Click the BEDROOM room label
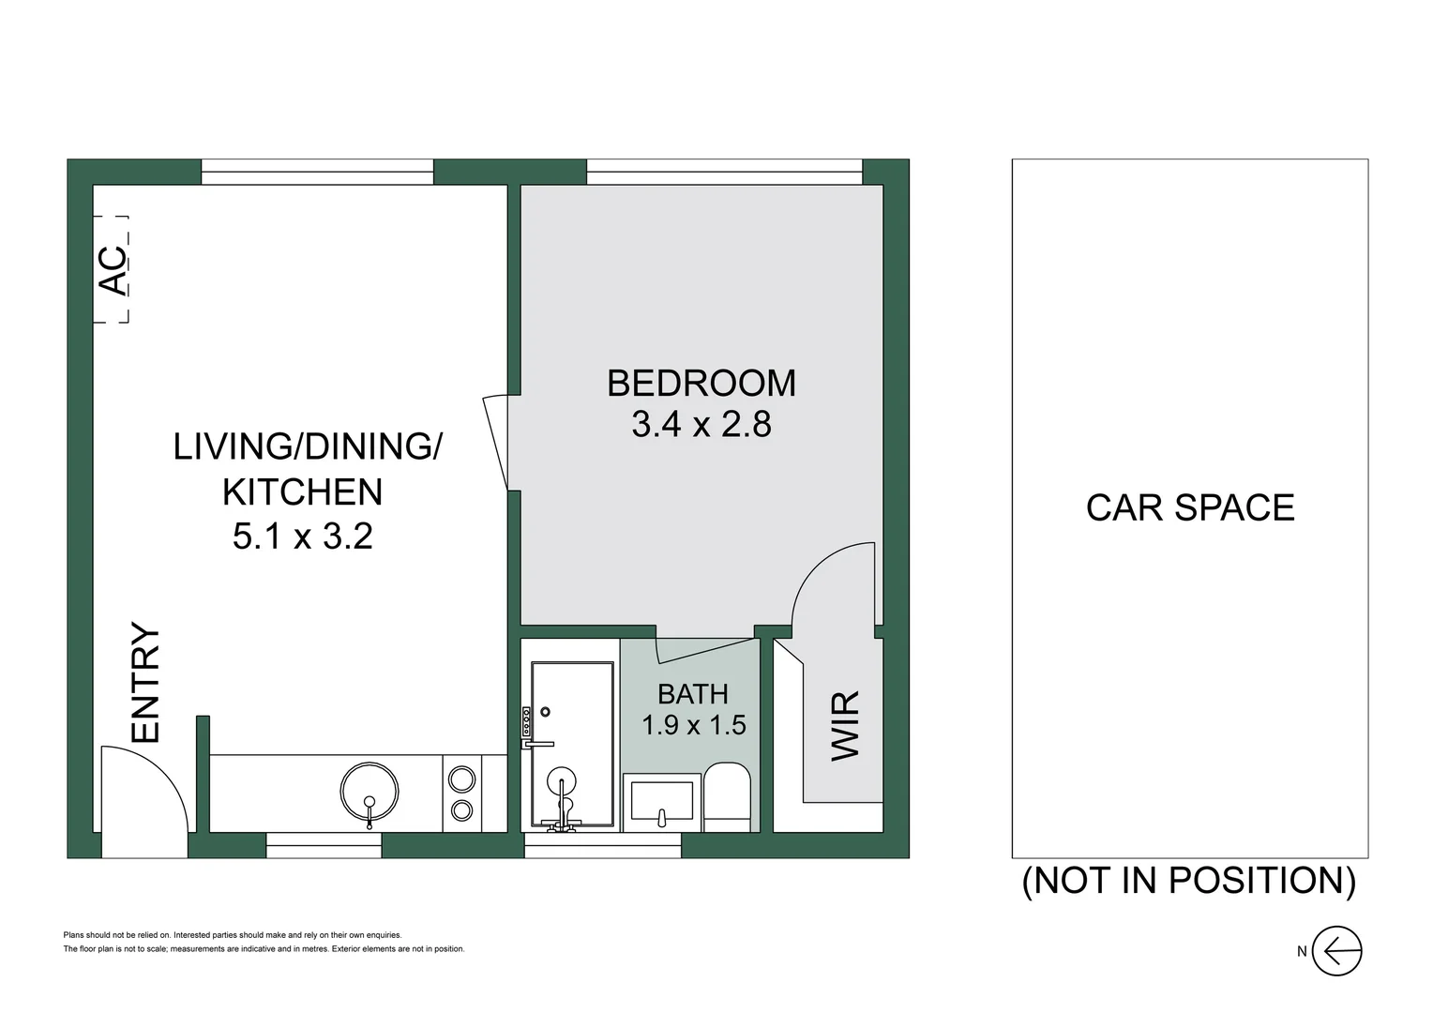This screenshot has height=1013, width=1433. (x=701, y=383)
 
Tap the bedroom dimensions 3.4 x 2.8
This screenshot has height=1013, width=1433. (x=701, y=424)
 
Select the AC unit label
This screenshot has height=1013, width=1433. (x=113, y=270)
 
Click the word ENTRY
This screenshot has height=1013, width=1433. (x=145, y=682)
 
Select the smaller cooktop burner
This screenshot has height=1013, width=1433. (x=461, y=809)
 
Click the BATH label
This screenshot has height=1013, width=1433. (x=693, y=694)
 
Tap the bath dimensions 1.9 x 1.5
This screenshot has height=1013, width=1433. (x=693, y=725)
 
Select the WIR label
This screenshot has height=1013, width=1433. (x=846, y=725)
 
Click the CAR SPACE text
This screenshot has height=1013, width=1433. (x=1190, y=507)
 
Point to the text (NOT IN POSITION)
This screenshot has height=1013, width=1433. (x=1189, y=881)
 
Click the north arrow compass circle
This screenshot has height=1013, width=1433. (x=1336, y=951)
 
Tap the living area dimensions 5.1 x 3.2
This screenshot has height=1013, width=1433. (x=303, y=536)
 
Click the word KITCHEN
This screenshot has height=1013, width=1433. (x=303, y=491)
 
